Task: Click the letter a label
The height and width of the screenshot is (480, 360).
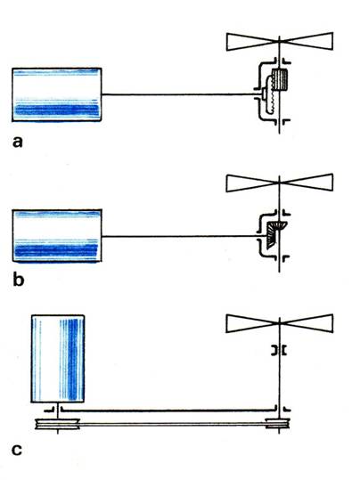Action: click(18, 142)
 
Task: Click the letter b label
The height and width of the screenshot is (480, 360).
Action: click(18, 280)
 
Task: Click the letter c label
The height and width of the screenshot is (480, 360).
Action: click(17, 450)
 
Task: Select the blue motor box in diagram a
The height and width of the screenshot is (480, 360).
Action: click(57, 94)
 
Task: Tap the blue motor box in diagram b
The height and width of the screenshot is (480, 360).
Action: click(57, 236)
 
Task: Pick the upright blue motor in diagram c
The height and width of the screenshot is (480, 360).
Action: click(58, 359)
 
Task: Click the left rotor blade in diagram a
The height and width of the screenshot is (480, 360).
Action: click(253, 42)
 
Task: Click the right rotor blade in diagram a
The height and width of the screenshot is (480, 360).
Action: click(307, 41)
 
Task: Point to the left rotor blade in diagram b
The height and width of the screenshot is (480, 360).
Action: click(253, 183)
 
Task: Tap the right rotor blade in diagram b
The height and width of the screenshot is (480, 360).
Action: click(307, 183)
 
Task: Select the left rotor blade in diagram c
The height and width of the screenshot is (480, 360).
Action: click(253, 323)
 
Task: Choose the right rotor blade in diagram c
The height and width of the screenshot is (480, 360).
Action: click(307, 323)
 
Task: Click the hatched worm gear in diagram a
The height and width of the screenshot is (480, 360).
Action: click(280, 79)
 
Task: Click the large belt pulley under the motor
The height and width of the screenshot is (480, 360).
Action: click(57, 424)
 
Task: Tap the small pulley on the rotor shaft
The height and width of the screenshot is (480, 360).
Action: click(278, 424)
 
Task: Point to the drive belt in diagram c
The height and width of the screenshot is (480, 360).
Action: click(173, 424)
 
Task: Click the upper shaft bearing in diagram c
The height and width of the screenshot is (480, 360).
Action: click(279, 350)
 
